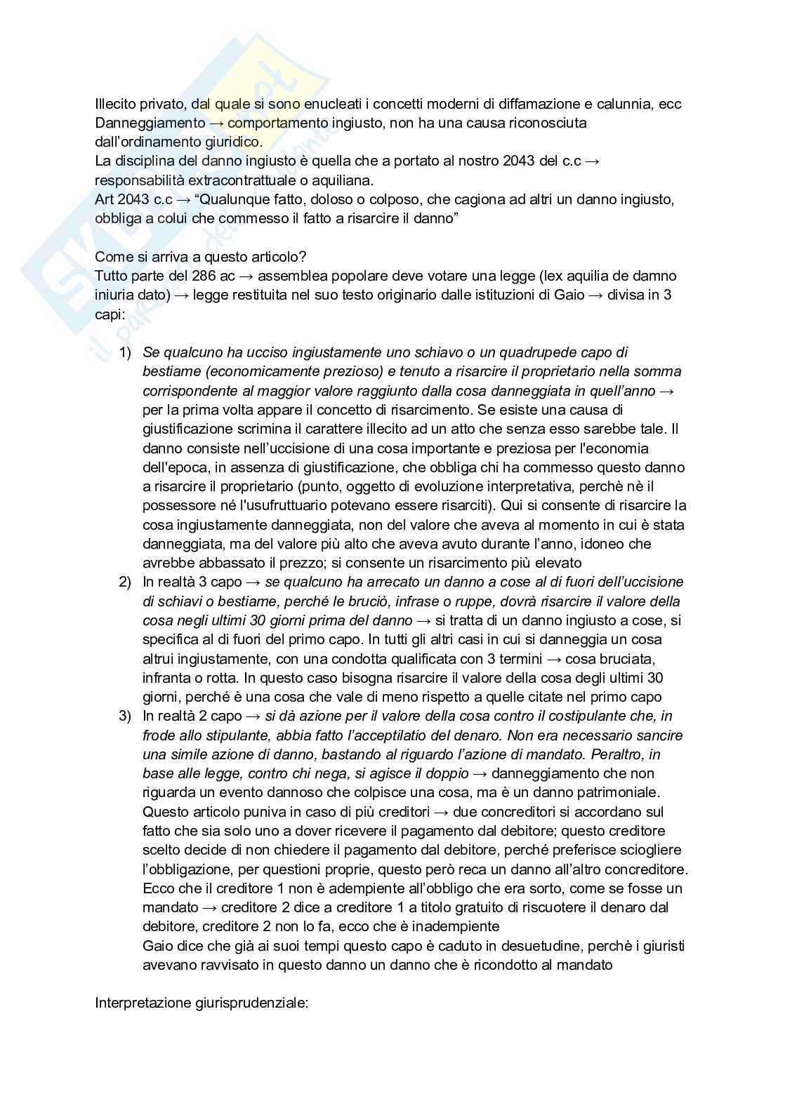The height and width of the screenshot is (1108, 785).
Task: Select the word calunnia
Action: (626, 104)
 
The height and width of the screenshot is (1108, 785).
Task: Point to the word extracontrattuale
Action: (223, 180)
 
